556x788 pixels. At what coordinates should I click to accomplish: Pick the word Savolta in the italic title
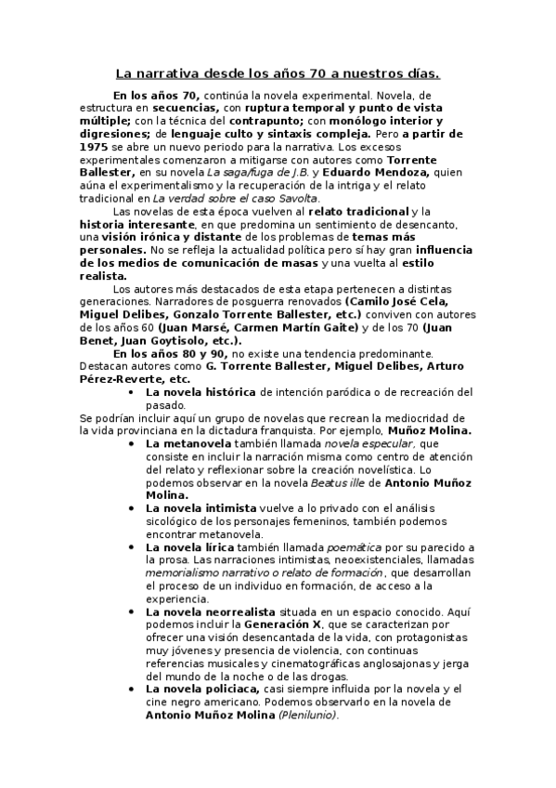click(294, 198)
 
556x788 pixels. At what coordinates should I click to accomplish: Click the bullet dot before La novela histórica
click(137, 392)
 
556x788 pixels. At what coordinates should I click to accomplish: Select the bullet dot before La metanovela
click(137, 444)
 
